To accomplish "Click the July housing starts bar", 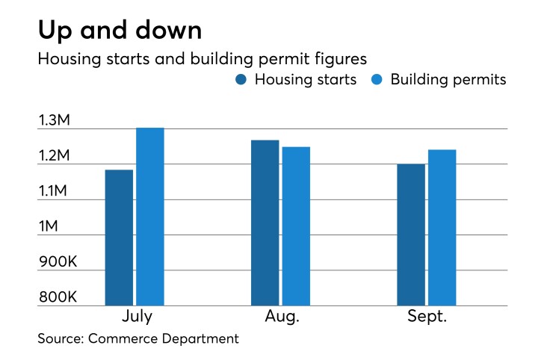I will pyautogui.click(x=120, y=238).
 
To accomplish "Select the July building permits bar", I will pyautogui.click(x=149, y=217).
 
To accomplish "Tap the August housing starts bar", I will pyautogui.click(x=265, y=223).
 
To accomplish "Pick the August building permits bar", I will pyautogui.click(x=296, y=226).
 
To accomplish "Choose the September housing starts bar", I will pyautogui.click(x=411, y=235).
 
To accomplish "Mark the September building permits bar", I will pyautogui.click(x=442, y=228).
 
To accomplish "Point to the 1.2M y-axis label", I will pyautogui.click(x=58, y=156).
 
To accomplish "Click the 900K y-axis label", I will pyautogui.click(x=58, y=262).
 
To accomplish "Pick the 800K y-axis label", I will pyautogui.click(x=58, y=297).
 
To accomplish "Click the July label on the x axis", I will pyautogui.click(x=135, y=317).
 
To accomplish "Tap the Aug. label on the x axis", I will pyautogui.click(x=281, y=317).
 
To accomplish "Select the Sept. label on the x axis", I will pyautogui.click(x=427, y=317).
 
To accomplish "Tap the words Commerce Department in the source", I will pyautogui.click(x=164, y=339).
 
